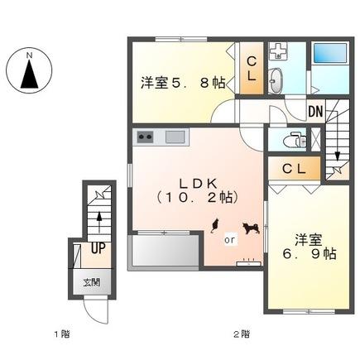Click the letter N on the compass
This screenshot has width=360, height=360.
tap(29, 56)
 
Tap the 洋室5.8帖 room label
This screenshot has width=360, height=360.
tap(183, 82)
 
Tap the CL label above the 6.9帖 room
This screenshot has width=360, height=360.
tap(295, 169)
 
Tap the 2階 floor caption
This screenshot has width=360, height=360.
tap(241, 334)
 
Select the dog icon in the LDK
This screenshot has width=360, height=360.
tap(249, 228)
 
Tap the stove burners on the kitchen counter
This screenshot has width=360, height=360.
tap(146, 137)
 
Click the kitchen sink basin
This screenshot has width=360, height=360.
tap(175, 137)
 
